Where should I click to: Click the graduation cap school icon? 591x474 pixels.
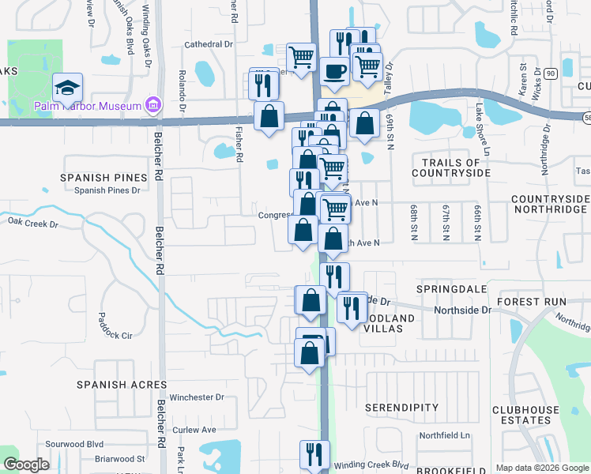(67, 85)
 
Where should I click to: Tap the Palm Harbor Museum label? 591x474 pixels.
(87, 106)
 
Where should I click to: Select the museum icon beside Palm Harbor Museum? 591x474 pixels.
(153, 105)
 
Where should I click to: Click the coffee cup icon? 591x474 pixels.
(334, 70)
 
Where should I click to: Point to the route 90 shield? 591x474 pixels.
(550, 73)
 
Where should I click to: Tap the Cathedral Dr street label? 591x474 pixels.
(208, 45)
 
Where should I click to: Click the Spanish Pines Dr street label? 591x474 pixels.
(107, 190)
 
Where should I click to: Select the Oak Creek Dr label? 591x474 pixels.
(33, 224)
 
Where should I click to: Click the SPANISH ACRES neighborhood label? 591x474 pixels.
(122, 385)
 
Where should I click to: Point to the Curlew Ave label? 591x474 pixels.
(197, 430)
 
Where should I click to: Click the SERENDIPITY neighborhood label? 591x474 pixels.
(402, 408)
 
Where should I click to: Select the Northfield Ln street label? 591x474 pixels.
(444, 435)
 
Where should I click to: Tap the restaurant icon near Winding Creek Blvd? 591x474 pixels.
(314, 453)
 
